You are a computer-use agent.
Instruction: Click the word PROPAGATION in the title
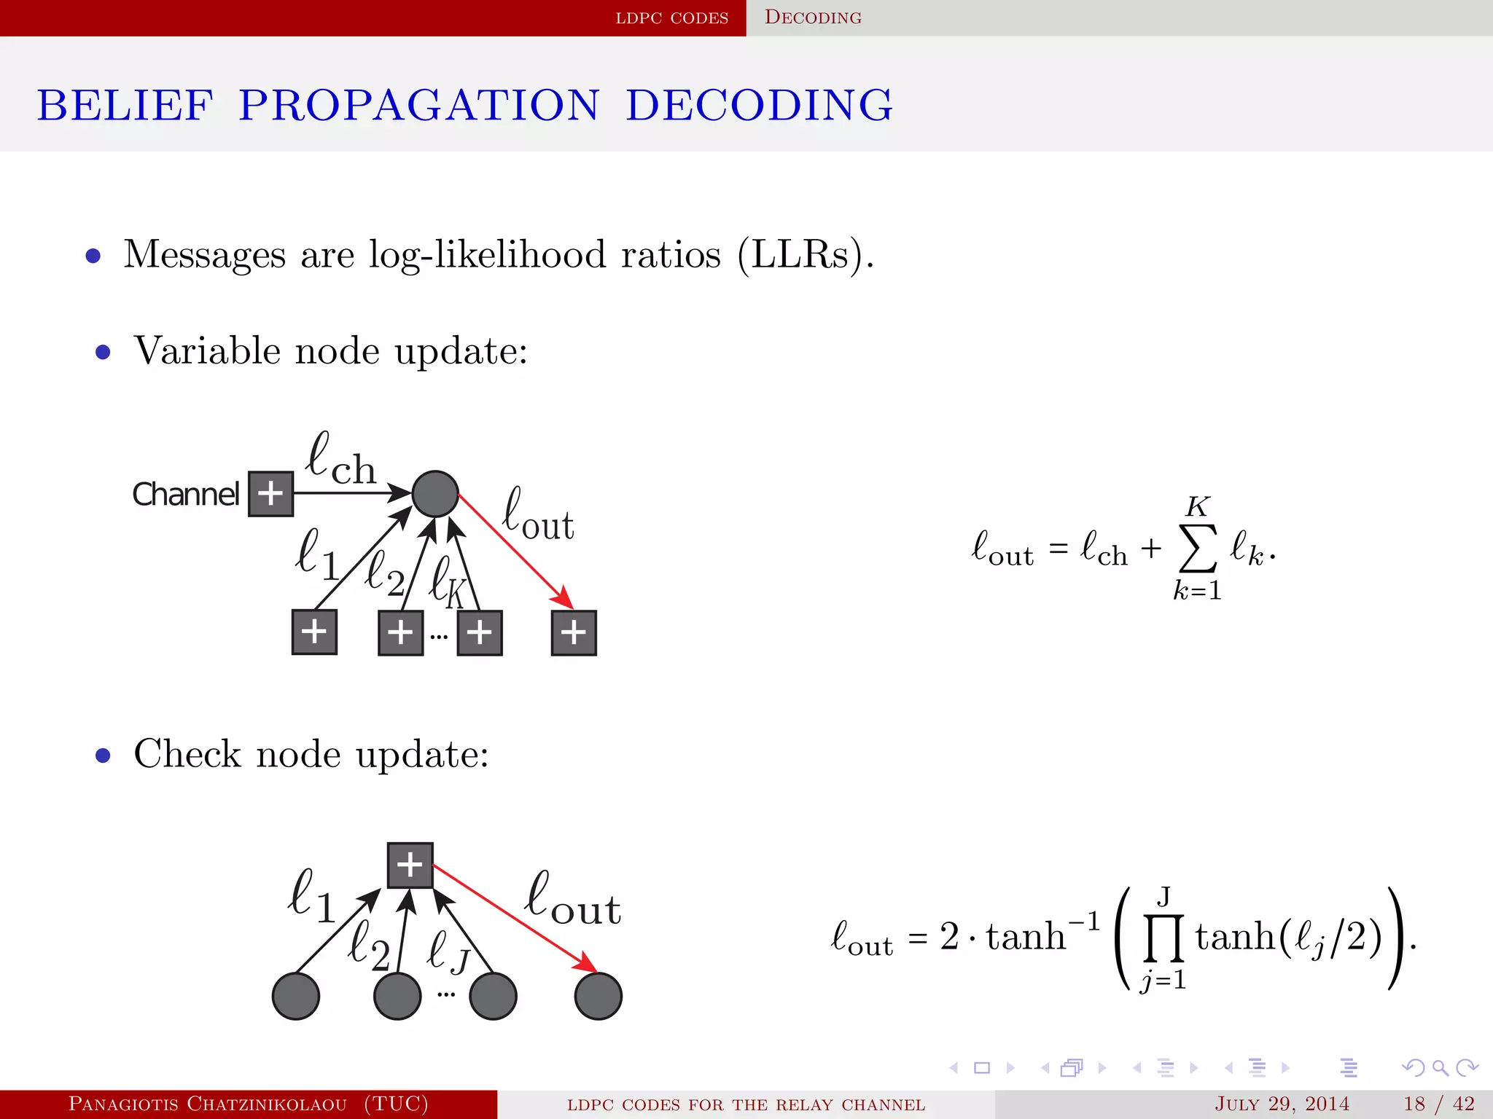click(x=419, y=106)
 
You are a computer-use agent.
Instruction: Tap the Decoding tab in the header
click(x=813, y=17)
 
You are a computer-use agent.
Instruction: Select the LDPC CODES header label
click(x=671, y=17)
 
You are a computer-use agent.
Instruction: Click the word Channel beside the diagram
click(x=185, y=495)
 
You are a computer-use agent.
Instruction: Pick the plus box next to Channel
click(x=270, y=494)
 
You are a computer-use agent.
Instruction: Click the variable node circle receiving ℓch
click(x=435, y=494)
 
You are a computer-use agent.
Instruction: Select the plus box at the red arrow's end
click(x=574, y=632)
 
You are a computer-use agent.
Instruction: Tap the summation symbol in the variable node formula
click(x=1198, y=549)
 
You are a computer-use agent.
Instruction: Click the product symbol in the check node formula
click(x=1163, y=938)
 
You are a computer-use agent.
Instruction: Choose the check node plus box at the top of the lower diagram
click(x=410, y=865)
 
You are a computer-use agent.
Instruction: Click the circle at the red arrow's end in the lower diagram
click(x=598, y=996)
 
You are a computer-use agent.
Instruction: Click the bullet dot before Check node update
click(x=103, y=755)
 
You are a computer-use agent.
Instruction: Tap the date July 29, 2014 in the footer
click(x=1282, y=1104)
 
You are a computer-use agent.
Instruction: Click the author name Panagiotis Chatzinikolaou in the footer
click(x=208, y=1104)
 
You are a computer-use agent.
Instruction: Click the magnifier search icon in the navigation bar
click(x=1440, y=1068)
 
